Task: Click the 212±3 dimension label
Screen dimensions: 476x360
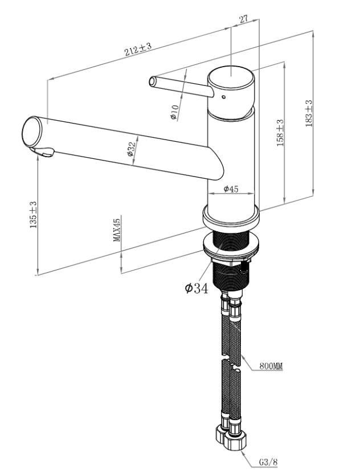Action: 138,51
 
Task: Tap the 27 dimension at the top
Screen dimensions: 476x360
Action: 243,19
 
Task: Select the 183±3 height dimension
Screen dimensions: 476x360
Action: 309,113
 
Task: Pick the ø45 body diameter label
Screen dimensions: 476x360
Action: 231,189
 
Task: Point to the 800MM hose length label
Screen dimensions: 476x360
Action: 272,367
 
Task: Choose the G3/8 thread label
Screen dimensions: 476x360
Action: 268,462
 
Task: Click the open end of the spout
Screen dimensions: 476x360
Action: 32,131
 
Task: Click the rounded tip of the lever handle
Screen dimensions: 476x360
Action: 153,80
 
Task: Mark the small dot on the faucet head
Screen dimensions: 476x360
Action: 223,97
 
